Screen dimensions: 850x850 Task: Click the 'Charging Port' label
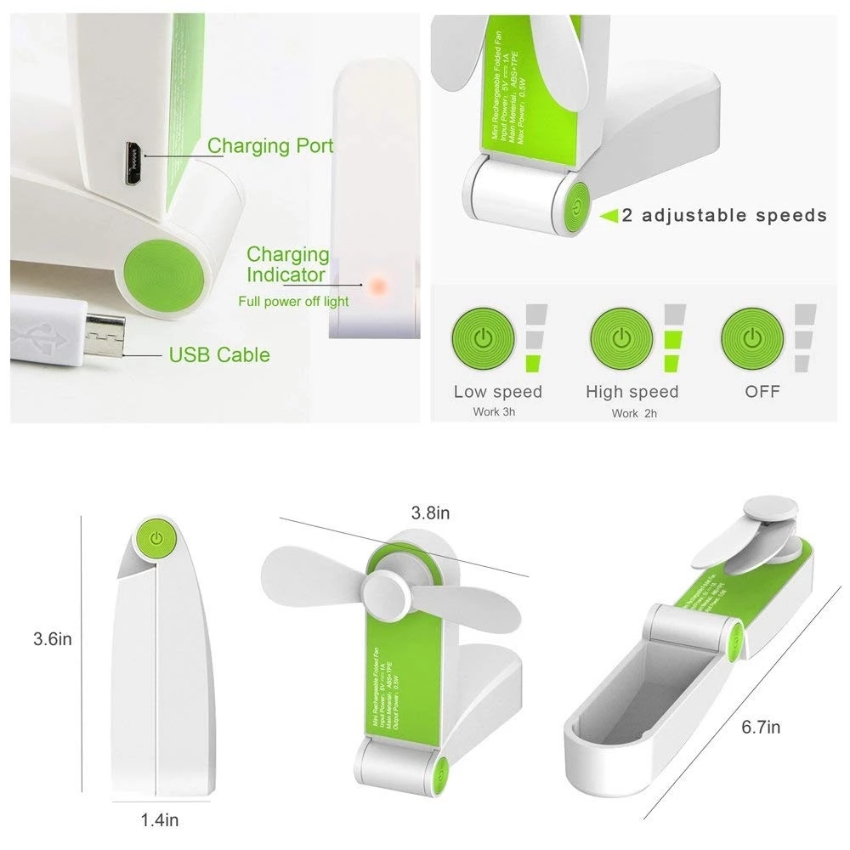[270, 145]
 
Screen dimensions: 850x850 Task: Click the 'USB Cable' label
[219, 354]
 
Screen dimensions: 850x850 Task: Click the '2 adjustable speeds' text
[724, 215]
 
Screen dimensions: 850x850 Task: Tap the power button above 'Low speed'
[483, 338]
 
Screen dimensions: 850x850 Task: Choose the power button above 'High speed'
[621, 338]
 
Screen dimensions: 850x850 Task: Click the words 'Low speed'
[497, 392]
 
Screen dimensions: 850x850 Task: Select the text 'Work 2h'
[634, 413]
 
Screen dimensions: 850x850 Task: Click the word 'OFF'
[762, 392]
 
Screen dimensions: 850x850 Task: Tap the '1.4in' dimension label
[159, 820]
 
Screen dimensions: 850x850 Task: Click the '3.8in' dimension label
[430, 513]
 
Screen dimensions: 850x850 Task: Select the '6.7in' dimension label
[761, 727]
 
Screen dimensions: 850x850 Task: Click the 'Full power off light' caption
[293, 301]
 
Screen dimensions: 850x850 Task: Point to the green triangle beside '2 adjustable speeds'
[609, 216]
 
